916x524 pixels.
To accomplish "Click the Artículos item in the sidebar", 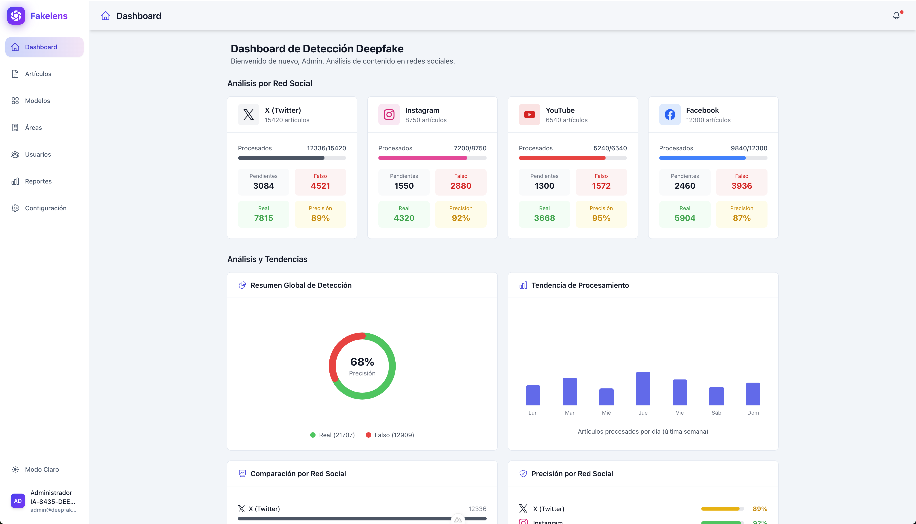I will [x=38, y=74].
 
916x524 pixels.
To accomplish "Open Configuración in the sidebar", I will [x=45, y=208].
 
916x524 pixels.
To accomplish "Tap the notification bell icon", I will [x=896, y=16].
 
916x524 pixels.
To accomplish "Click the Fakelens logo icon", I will [x=16, y=16].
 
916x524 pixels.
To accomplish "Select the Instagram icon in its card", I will [x=389, y=115].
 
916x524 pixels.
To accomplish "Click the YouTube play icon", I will [x=529, y=115].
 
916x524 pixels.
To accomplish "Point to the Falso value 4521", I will [x=320, y=186].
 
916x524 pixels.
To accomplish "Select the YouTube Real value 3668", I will [x=544, y=218].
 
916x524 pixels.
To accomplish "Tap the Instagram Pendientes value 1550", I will [x=404, y=186].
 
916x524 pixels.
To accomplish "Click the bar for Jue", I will [x=643, y=389].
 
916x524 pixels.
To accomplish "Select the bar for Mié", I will [x=606, y=397].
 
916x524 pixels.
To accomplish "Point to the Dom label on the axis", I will [x=753, y=413].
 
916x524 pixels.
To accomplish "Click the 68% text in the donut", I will [x=362, y=362].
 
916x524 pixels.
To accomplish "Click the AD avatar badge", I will [x=18, y=501].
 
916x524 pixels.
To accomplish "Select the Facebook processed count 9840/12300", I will [x=749, y=148].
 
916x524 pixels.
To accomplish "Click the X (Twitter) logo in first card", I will [x=248, y=115].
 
